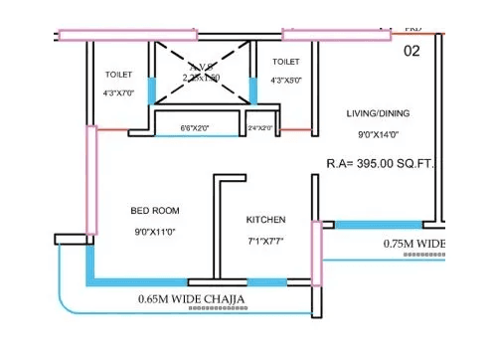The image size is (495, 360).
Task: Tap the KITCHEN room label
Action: click(266, 220)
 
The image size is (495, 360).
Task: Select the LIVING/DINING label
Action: click(379, 112)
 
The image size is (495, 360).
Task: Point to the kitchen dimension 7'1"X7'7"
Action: click(266, 241)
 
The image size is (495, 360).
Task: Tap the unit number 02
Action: click(412, 50)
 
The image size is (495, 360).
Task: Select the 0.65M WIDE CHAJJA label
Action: click(192, 298)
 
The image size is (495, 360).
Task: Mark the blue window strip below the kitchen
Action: click(266, 282)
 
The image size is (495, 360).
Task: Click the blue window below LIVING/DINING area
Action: click(377, 225)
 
